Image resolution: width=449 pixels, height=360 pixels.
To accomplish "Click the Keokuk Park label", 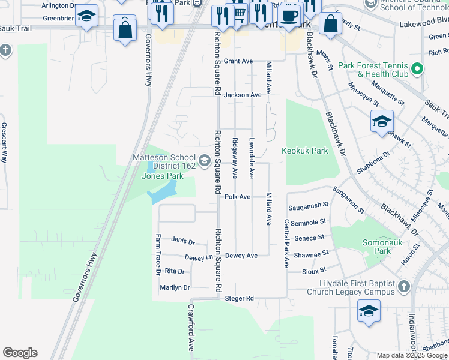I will [305, 151].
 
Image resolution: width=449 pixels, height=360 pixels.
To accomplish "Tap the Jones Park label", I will [162, 176].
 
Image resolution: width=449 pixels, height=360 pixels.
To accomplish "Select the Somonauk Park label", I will [377, 247].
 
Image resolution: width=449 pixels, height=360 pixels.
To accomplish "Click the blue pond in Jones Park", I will [163, 193].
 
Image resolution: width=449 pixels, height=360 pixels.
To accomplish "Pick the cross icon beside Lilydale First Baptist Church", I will [405, 287].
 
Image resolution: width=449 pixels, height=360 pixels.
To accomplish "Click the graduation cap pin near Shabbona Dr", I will [382, 122].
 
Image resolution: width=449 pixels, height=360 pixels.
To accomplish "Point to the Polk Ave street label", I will [237, 197].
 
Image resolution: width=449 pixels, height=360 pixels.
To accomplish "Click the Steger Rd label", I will [240, 298].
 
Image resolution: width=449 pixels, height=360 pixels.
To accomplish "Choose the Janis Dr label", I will [183, 241].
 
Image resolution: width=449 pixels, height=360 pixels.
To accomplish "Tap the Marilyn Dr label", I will [175, 287].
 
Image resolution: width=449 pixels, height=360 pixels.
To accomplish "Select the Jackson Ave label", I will [243, 95].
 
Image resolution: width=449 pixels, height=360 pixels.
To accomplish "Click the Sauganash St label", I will [309, 205].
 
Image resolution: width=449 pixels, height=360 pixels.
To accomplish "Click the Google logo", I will [20, 353].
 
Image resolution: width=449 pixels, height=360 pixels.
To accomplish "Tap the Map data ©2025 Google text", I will [412, 355].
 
